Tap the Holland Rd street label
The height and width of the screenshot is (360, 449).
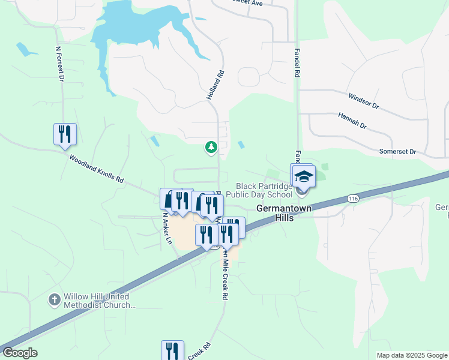pyautogui.click(x=221, y=83)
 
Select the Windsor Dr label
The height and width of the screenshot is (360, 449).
pyautogui.click(x=364, y=100)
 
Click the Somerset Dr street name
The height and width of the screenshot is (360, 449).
pyautogui.click(x=397, y=152)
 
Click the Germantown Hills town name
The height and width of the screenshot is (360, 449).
pyautogui.click(x=276, y=213)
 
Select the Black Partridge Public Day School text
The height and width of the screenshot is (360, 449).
pyautogui.click(x=264, y=190)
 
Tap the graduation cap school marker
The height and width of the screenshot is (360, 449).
pyautogui.click(x=304, y=175)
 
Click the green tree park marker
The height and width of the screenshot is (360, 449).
pyautogui.click(x=211, y=146)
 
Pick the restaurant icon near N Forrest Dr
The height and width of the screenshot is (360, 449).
pyautogui.click(x=65, y=134)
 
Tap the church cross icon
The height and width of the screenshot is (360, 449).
pyautogui.click(x=54, y=299)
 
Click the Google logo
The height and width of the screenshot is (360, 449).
pyautogui.click(x=20, y=353)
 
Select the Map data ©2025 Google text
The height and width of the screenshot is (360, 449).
pyautogui.click(x=412, y=355)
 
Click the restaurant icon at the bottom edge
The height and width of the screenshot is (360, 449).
pyautogui.click(x=172, y=350)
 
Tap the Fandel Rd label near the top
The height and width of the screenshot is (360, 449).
pyautogui.click(x=296, y=63)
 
